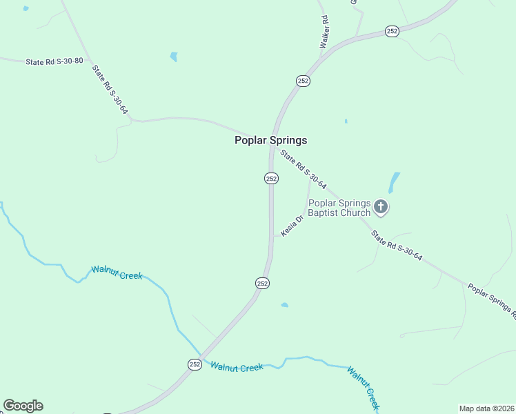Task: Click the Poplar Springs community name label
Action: [270, 140]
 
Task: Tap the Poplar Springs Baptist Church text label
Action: [339, 208]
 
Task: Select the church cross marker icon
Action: [381, 206]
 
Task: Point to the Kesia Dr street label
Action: [292, 226]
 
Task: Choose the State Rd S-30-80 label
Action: [54, 61]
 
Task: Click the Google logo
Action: [23, 406]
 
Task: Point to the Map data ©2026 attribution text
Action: [486, 408]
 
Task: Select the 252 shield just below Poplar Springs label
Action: [271, 178]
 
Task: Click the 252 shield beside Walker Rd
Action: [304, 81]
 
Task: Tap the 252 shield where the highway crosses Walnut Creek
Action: [195, 364]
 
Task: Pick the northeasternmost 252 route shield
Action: [392, 31]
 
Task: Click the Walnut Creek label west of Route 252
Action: [117, 273]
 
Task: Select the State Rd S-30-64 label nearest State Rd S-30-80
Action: [110, 90]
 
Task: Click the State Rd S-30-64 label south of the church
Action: [396, 246]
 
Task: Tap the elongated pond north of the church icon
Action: [394, 182]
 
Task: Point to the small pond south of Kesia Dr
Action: [284, 304]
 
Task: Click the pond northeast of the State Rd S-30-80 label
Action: [174, 57]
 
